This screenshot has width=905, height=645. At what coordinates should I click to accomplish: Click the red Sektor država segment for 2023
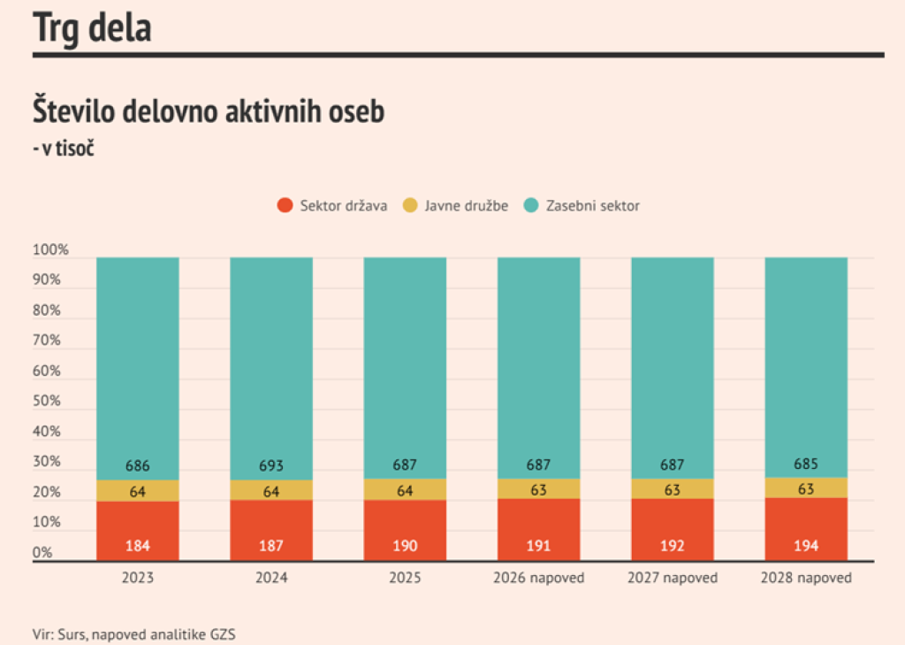tap(138, 531)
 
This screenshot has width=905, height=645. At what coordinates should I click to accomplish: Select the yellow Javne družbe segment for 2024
tap(271, 491)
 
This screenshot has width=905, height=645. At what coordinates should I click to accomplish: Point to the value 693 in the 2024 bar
tap(271, 465)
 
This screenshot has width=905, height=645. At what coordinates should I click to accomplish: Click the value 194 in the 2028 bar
tap(806, 546)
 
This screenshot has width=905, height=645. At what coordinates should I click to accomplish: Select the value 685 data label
tap(806, 464)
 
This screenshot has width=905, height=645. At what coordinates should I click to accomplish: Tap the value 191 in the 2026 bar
tap(538, 546)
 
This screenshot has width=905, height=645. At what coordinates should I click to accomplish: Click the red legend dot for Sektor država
tap(285, 205)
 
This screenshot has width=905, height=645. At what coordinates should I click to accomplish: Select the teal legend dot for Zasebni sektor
tap(531, 205)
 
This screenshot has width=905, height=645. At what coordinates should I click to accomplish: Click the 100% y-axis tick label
tap(50, 250)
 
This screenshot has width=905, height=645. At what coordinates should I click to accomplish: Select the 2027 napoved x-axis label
tap(673, 578)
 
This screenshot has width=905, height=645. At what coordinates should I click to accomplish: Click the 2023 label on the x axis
tap(138, 578)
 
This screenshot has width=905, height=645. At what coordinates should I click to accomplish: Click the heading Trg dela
tap(92, 27)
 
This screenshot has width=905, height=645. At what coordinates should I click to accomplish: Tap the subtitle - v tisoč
tap(64, 149)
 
